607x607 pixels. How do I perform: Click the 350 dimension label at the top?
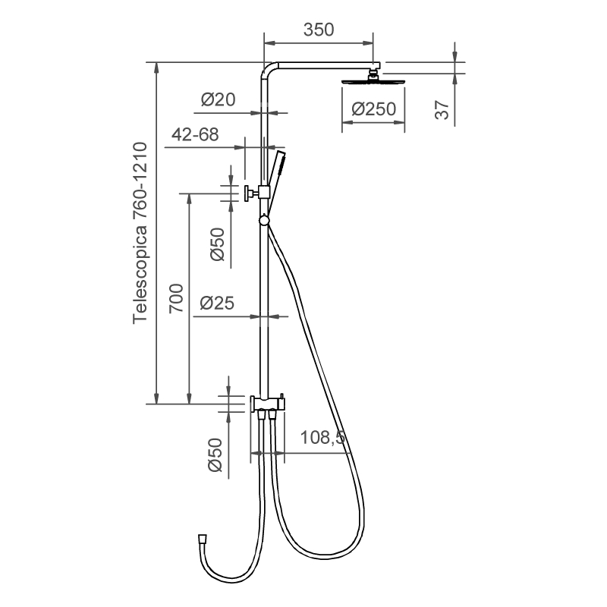(318, 30)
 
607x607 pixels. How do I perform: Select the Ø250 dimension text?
(373, 109)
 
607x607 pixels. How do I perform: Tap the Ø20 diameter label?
(218, 99)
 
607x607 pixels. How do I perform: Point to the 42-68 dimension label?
(195, 135)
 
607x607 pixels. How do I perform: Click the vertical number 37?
(442, 109)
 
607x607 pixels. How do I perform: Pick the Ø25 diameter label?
(217, 303)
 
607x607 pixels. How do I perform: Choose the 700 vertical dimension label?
(176, 298)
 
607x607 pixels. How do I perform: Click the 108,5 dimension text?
(322, 438)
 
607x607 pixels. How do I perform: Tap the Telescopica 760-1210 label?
(140, 233)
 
